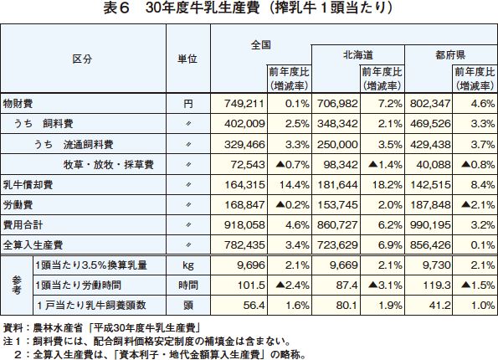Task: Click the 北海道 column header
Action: coord(358,55)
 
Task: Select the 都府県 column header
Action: coord(450,55)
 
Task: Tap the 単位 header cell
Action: coord(187,59)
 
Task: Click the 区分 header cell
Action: coord(82,59)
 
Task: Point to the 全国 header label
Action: coord(261,45)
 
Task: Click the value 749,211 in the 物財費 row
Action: coord(244,103)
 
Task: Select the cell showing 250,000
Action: coord(337,145)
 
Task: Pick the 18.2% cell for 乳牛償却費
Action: coord(388,185)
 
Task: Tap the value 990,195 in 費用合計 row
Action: coord(430,225)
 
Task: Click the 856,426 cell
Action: coord(430,245)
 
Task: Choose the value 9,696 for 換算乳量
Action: coord(250,265)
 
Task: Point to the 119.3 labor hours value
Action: coord(437,285)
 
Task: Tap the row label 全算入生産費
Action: coord(33,245)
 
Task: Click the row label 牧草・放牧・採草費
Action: coord(108,165)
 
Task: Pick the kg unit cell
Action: coord(188,265)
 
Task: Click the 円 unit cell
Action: coord(188,104)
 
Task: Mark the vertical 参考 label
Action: coord(17,285)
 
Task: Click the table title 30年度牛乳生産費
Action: coord(202,8)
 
